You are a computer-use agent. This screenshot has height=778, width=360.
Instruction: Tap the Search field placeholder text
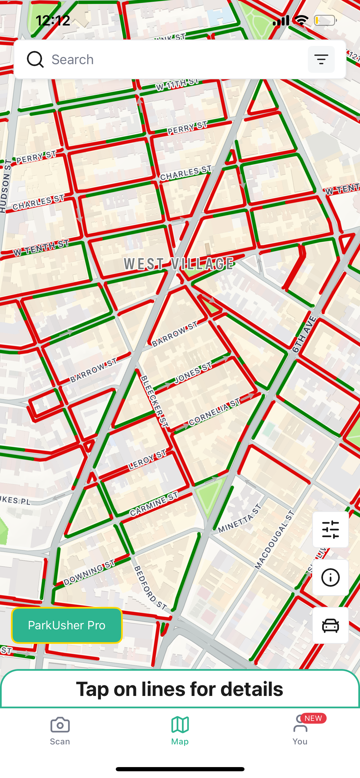pos(73,59)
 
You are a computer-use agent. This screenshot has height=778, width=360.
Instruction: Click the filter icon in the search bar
pos(321,59)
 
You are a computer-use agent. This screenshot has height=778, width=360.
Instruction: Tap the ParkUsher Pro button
pos(67,625)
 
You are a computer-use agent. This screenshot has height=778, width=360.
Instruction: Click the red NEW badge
pos(313,718)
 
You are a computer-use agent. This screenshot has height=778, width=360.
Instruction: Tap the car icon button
pos(330,625)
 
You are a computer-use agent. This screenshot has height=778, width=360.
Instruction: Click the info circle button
pos(330,577)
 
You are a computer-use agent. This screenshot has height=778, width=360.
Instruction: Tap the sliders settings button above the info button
pos(330,530)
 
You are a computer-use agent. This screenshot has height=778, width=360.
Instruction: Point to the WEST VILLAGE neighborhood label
pos(179,264)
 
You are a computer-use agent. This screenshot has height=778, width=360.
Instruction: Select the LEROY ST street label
pos(147,460)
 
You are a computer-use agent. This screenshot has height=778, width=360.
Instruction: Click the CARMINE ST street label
pos(154,504)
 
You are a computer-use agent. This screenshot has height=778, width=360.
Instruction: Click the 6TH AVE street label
pos(304,335)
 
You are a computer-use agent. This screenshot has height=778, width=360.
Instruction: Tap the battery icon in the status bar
pos(325,20)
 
